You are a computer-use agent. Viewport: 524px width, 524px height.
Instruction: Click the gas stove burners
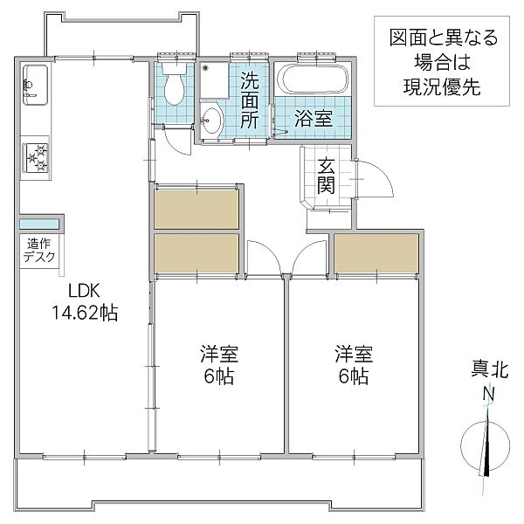[38, 155]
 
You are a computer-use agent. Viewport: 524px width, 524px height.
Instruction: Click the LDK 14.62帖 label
[83, 301]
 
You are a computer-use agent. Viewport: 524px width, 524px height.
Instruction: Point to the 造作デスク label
[39, 250]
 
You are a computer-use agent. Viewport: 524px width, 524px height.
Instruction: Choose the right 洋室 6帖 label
[353, 365]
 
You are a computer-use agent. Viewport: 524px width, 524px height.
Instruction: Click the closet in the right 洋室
[376, 253]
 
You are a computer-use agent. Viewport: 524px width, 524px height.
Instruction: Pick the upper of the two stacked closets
[196, 209]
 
